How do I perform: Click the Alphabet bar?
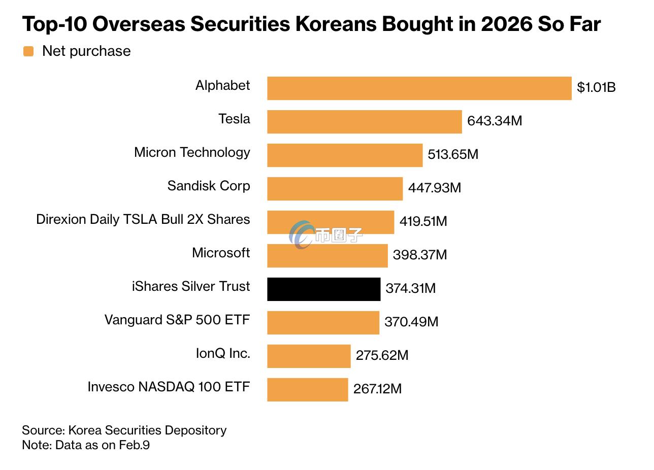pos(419,88)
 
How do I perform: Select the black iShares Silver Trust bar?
pos(323,289)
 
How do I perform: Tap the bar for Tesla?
pos(365,122)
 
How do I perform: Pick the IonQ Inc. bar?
pos(309,356)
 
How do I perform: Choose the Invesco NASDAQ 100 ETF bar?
pos(307,390)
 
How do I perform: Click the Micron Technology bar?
pos(345,155)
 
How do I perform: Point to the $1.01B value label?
pos(596,88)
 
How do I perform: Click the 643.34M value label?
pos(494,121)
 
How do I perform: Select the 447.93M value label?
pos(434,188)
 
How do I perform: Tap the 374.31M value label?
pos(410,289)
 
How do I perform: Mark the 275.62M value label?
pos(382,356)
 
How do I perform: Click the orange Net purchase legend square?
pos(28,51)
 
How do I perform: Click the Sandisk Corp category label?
pos(209,186)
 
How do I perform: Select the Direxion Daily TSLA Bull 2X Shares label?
pos(143,219)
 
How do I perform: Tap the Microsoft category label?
pos(221,253)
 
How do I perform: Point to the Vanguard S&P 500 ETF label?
pos(177,320)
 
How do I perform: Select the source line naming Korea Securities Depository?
pos(124,430)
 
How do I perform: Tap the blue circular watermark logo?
pos(302,234)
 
